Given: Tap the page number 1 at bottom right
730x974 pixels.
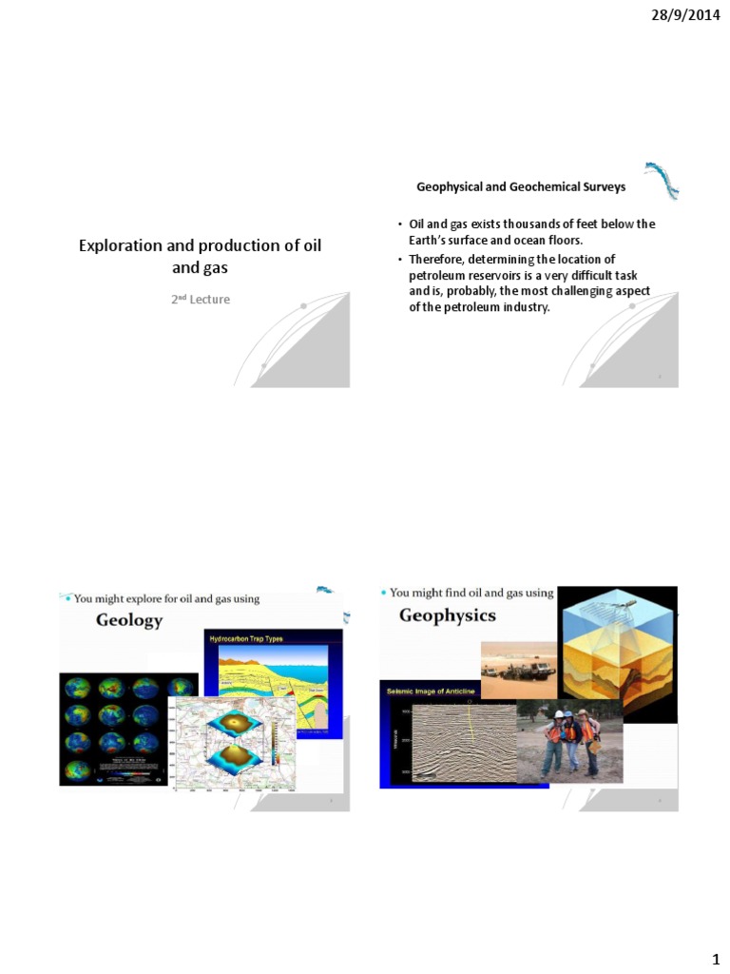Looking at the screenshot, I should pyautogui.click(x=714, y=955).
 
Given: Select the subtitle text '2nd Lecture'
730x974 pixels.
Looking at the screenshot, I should pyautogui.click(x=201, y=300).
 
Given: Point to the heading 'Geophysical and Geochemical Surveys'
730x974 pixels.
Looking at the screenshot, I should pyautogui.click(x=521, y=187).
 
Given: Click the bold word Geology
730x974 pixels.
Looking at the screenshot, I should pyautogui.click(x=129, y=620).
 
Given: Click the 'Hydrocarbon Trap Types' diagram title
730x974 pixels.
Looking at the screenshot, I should pyautogui.click(x=245, y=638).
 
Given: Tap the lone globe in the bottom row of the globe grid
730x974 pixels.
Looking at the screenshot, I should pyautogui.click(x=79, y=768).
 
